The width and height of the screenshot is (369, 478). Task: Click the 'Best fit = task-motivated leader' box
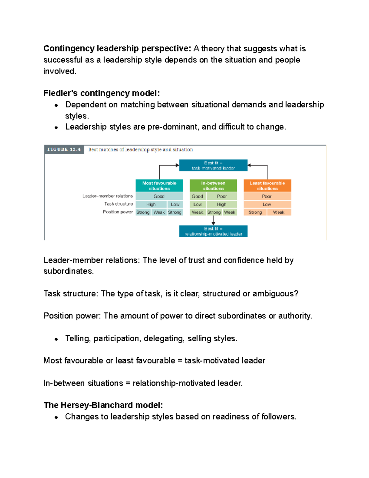[x=213, y=165]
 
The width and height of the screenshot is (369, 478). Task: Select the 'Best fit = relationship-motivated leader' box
[x=213, y=231]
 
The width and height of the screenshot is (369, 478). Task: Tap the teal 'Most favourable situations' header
[x=159, y=186]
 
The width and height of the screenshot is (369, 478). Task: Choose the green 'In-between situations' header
[x=213, y=186]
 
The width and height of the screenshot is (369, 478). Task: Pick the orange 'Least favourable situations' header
[x=267, y=186]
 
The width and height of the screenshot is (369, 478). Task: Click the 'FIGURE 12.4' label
[x=64, y=150]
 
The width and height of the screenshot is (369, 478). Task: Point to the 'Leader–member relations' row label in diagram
[x=108, y=196]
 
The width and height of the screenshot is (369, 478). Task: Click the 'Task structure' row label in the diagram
[x=118, y=204]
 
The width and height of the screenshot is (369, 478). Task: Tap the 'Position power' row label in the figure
[x=118, y=212]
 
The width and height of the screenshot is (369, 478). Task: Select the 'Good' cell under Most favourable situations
[x=159, y=196]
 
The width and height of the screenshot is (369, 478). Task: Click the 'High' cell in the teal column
[x=151, y=204]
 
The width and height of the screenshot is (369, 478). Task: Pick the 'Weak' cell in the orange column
[x=279, y=212]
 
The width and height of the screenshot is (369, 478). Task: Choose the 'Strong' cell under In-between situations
[x=214, y=212]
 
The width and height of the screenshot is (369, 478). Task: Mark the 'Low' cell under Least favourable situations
[x=267, y=204]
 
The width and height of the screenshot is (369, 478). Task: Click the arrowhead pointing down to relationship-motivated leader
[x=213, y=223]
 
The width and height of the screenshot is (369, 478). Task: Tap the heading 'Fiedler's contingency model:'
[x=101, y=93]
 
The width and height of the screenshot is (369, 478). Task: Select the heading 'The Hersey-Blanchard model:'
[x=103, y=405]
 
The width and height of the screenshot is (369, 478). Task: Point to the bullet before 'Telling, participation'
[x=56, y=339]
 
